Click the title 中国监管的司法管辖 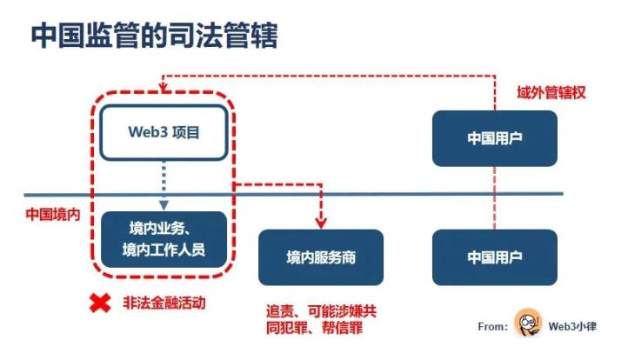point(155,36)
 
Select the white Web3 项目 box point(163,133)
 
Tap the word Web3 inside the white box point(146,133)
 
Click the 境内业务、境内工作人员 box point(164,239)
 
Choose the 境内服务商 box point(321,257)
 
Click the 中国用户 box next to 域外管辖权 point(494,137)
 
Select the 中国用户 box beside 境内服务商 point(494,257)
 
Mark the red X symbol point(102,303)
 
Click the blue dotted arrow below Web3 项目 point(164,186)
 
